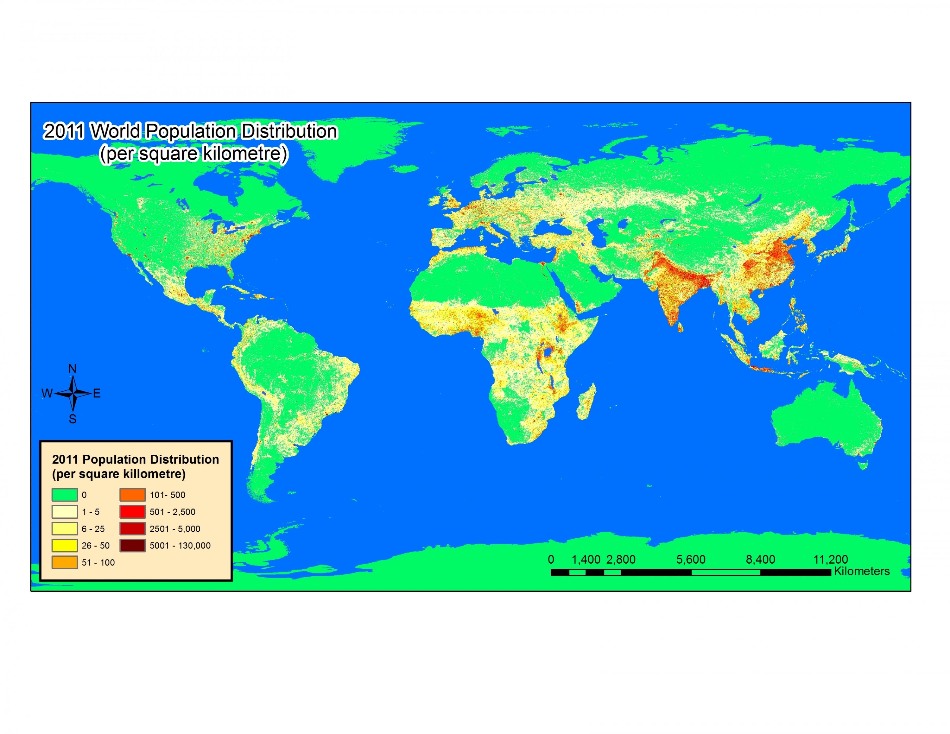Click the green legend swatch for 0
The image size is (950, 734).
[x=64, y=495]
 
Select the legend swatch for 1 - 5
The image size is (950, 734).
[x=64, y=512]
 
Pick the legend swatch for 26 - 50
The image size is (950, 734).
[x=64, y=545]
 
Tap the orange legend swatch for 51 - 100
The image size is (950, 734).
[x=64, y=562]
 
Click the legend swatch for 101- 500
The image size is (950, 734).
[x=132, y=495]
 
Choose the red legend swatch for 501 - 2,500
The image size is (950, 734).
[x=132, y=512]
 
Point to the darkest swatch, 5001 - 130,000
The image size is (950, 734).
[x=132, y=545]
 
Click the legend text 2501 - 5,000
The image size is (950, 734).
[x=175, y=529]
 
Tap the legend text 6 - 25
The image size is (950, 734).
[x=93, y=529]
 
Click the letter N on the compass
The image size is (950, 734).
[x=72, y=369]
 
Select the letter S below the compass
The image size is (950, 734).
[x=73, y=419]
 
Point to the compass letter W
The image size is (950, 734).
[x=47, y=394]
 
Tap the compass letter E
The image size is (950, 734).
[x=97, y=394]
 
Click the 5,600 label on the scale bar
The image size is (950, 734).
[x=691, y=560]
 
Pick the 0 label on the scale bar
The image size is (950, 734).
[x=551, y=560]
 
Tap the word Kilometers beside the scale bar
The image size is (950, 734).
[x=862, y=571]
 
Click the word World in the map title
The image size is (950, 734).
[x=116, y=131]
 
